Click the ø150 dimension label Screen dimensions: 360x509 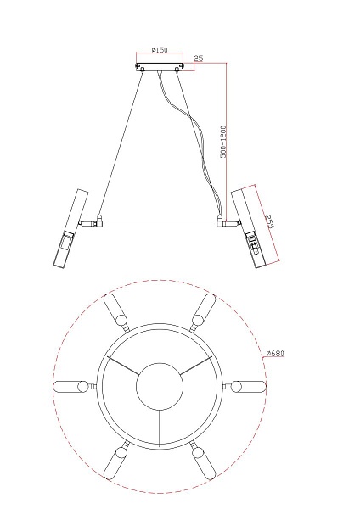click(x=160, y=50)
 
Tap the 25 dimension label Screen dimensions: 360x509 click(x=198, y=58)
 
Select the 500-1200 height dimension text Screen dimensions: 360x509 click(x=223, y=142)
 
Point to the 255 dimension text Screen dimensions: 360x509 click(x=269, y=221)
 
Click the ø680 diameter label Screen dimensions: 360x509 click(x=275, y=353)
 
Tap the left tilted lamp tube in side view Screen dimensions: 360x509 click(x=70, y=228)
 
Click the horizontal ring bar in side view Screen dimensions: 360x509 click(x=160, y=223)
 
